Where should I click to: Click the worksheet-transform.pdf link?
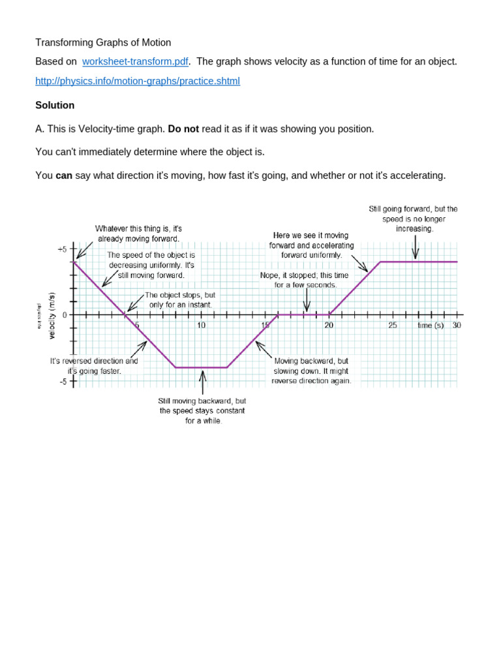(135, 61)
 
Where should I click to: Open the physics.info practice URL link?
(138, 81)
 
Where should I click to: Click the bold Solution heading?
(55, 105)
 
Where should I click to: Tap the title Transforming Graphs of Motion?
(103, 42)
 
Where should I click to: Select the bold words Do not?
(183, 129)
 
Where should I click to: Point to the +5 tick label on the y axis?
(62, 249)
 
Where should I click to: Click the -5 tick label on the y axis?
(63, 382)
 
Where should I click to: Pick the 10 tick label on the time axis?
(201, 325)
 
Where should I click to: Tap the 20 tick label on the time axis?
(329, 325)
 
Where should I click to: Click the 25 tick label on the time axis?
(393, 325)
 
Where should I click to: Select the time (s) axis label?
(431, 325)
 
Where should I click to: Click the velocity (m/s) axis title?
(52, 315)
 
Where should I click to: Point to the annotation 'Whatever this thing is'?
(138, 234)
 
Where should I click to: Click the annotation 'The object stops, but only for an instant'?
(179, 299)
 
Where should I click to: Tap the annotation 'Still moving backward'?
(202, 410)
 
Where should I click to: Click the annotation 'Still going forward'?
(413, 219)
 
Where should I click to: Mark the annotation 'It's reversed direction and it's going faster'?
(94, 365)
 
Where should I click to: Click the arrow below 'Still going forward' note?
(415, 247)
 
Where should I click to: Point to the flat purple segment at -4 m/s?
(201, 367)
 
